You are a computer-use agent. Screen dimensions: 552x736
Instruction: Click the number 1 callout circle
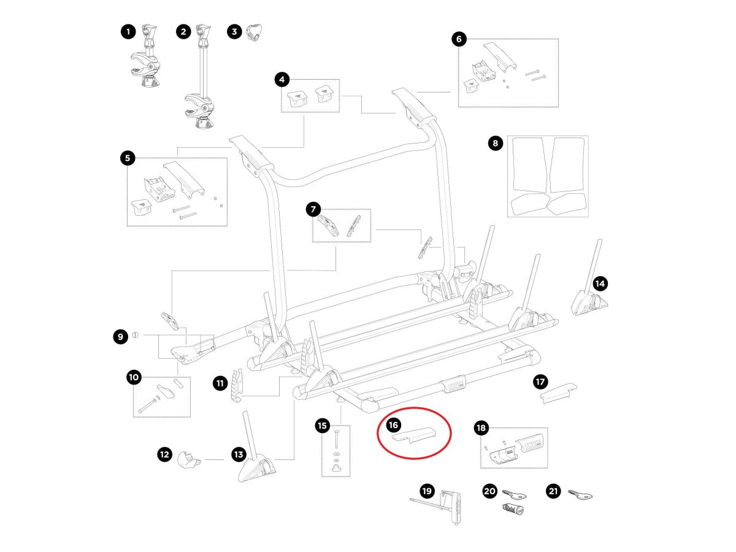(128, 32)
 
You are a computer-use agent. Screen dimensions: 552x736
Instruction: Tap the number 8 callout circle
(496, 144)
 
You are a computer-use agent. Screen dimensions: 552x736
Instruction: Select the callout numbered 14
(600, 283)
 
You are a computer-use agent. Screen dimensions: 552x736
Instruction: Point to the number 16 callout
(394, 424)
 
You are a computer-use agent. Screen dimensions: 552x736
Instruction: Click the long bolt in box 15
(335, 440)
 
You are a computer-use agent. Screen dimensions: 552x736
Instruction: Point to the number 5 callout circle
(128, 158)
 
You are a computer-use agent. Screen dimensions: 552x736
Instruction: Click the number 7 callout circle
(313, 210)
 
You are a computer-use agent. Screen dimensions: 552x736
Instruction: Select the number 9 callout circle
(120, 335)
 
